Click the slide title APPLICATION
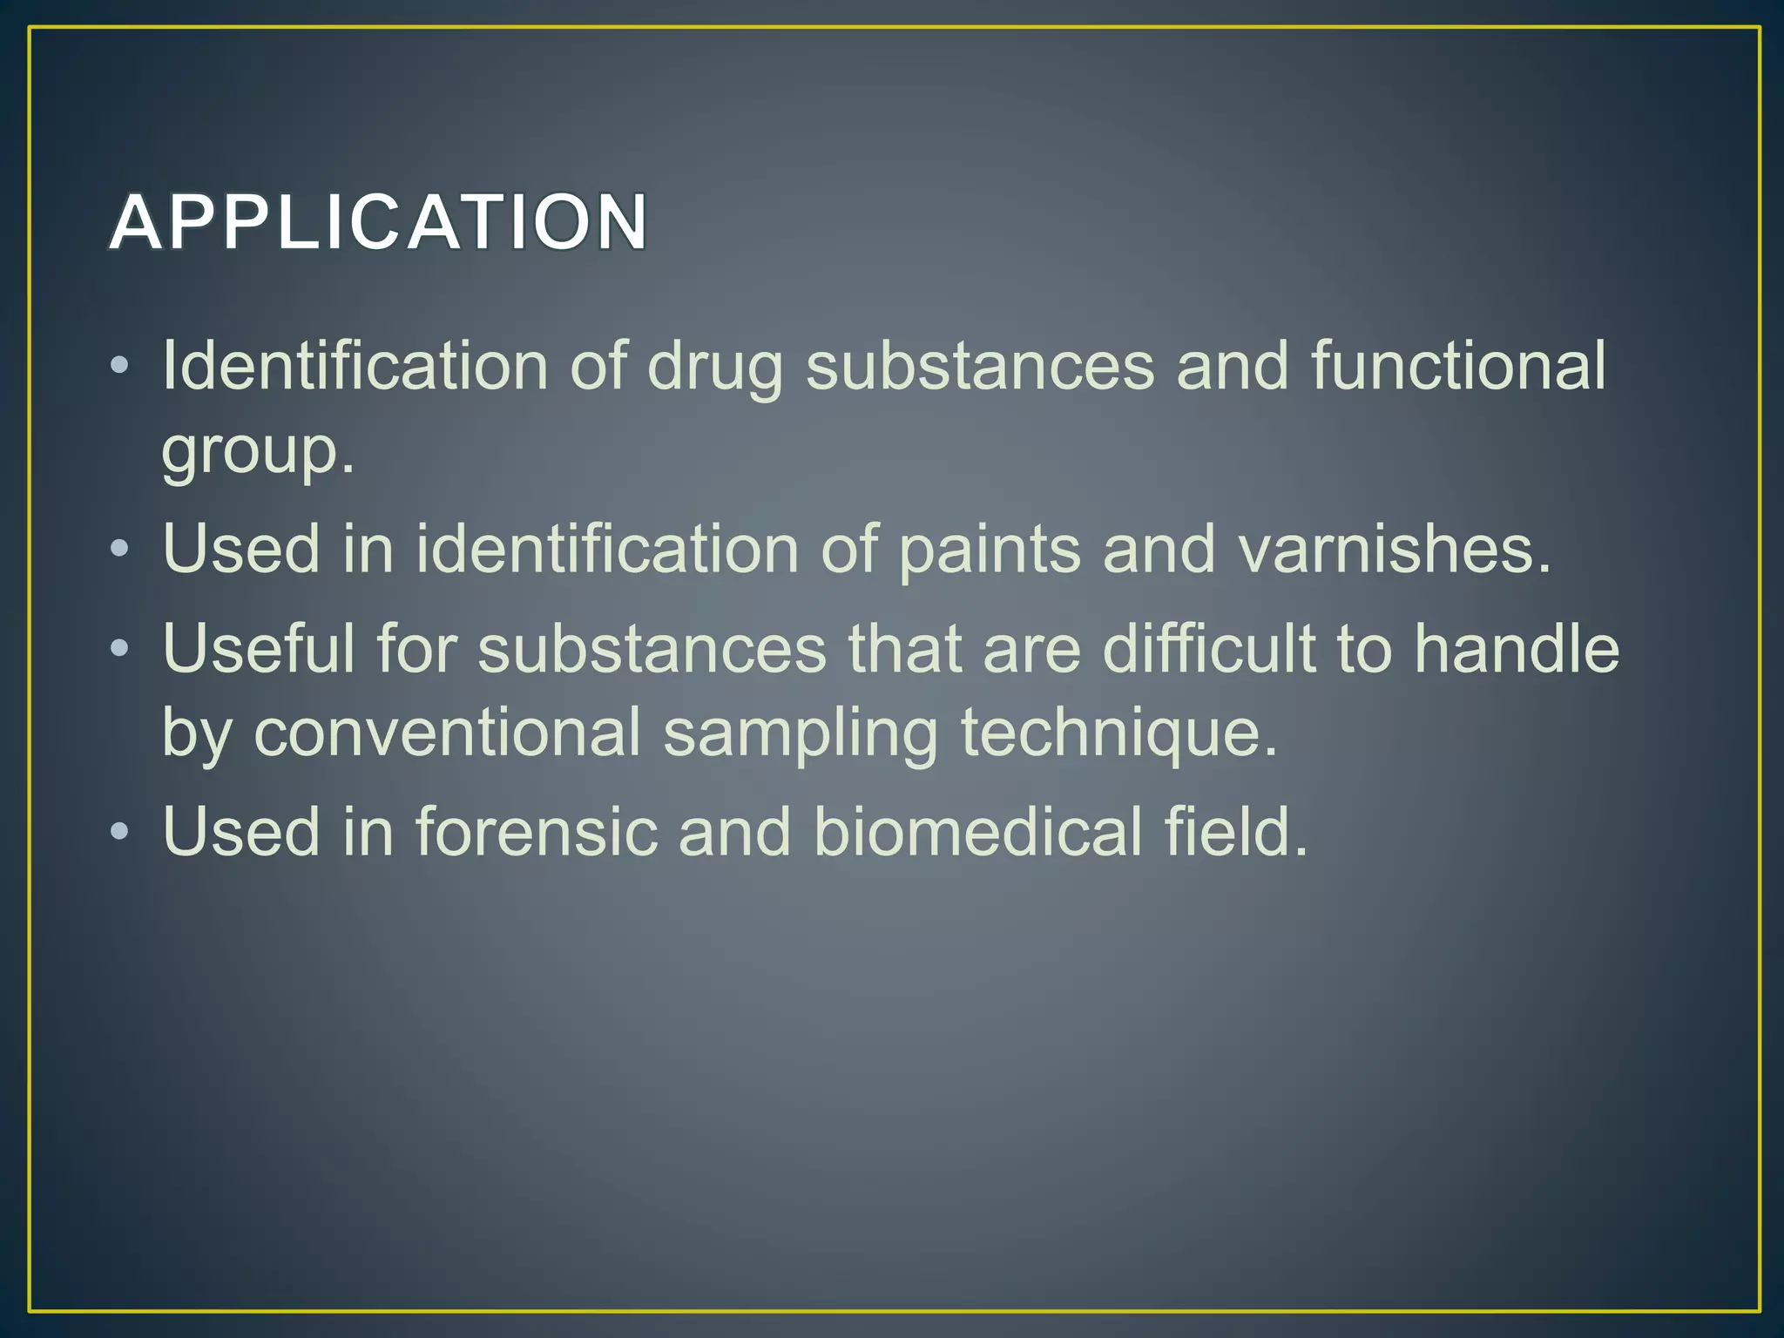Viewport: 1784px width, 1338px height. pyautogui.click(x=379, y=223)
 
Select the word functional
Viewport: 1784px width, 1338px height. pyautogui.click(x=1458, y=365)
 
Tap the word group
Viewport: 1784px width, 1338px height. pyautogui.click(x=258, y=451)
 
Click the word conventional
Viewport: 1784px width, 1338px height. pyautogui.click(x=447, y=732)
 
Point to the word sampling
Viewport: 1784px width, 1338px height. pyautogui.click(x=801, y=733)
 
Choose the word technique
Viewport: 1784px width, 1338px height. pyautogui.click(x=1118, y=733)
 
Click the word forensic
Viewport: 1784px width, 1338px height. pyautogui.click(x=536, y=831)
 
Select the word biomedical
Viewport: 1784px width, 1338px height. pyautogui.click(x=977, y=831)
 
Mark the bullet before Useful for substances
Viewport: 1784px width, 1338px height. pyautogui.click(x=120, y=647)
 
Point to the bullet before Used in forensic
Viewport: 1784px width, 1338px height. pyautogui.click(x=120, y=830)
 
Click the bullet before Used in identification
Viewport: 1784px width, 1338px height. pyautogui.click(x=120, y=549)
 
